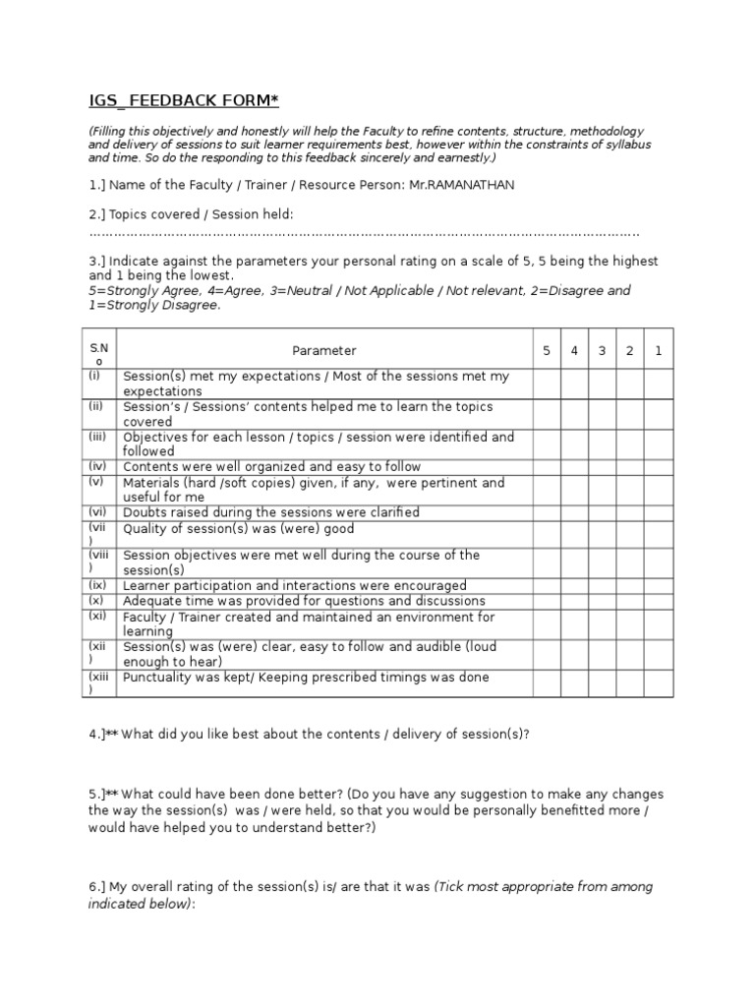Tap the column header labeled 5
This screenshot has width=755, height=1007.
click(547, 350)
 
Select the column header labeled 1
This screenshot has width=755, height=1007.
click(659, 350)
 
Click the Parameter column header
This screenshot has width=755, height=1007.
click(324, 350)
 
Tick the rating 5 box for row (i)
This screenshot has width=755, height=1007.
click(547, 384)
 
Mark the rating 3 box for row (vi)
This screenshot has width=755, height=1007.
click(602, 512)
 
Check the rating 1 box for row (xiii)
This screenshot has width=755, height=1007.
click(659, 683)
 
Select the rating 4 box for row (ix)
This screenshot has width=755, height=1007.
click(574, 585)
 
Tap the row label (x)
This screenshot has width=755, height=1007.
click(96, 600)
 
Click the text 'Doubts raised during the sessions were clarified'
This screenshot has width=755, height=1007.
click(270, 512)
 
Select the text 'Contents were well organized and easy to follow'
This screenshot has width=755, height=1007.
click(271, 467)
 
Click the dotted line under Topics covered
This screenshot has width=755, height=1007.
click(364, 234)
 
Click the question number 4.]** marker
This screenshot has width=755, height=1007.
click(102, 735)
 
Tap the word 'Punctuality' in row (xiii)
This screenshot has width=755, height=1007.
click(155, 678)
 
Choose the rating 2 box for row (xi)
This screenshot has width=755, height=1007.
click(630, 623)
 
